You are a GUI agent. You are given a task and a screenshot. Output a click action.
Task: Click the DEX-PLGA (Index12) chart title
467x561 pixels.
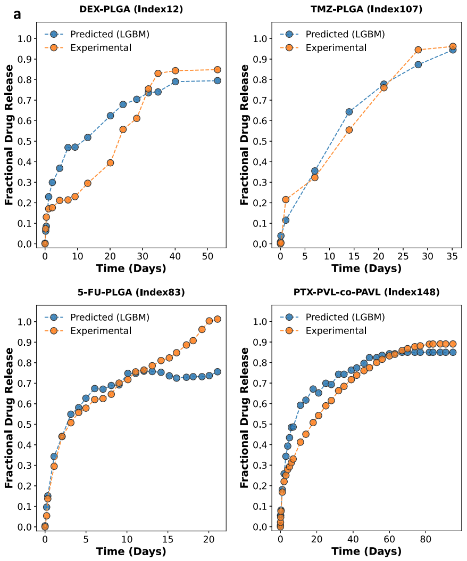pos(131,9)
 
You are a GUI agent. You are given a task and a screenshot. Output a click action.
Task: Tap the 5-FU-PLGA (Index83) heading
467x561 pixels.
pos(131,292)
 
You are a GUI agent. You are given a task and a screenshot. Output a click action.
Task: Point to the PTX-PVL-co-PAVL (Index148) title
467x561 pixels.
pos(366,292)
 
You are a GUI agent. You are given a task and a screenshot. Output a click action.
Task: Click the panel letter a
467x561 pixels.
pos(18,14)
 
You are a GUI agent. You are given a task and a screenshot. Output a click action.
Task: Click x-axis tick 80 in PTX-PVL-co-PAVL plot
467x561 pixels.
pos(426,540)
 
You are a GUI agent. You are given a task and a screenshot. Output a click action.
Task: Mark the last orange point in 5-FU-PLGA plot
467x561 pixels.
pos(217,319)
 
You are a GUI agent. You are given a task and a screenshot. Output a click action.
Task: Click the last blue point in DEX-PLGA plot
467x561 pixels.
pos(217,80)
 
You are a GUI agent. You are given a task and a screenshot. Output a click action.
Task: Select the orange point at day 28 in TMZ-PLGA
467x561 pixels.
pos(418,50)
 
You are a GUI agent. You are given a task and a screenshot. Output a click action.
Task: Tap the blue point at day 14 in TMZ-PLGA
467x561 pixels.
pos(349,112)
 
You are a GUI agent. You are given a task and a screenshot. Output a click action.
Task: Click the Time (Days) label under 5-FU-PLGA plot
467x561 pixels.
pos(131,551)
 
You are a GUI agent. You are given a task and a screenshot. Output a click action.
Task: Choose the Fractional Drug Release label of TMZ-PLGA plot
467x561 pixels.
pos(245,135)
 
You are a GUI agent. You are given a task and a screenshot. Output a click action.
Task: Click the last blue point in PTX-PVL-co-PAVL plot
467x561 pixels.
pos(453,352)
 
